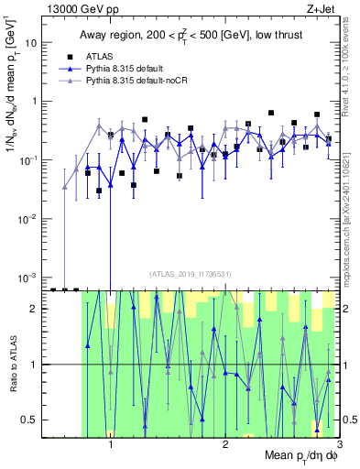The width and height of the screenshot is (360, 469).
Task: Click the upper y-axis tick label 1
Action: pyautogui.click(x=37, y=102)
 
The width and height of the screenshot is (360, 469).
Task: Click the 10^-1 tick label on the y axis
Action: pyautogui.click(x=31, y=159)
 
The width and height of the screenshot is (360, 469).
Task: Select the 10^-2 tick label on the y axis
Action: pyautogui.click(x=31, y=218)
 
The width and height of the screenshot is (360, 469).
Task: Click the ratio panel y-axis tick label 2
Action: pyautogui.click(x=37, y=309)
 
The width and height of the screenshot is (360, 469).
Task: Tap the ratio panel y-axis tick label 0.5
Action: pyautogui.click(x=32, y=420)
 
